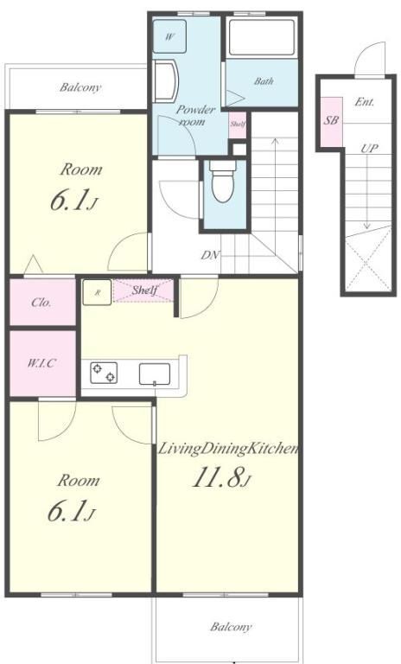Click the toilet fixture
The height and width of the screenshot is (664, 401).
(223, 182)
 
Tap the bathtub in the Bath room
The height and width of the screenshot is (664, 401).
(261, 37)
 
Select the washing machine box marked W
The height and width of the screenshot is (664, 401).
(169, 36)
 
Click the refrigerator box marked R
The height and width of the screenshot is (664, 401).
(97, 292)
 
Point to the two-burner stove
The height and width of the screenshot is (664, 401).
(104, 373)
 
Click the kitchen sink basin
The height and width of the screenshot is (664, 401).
(155, 374)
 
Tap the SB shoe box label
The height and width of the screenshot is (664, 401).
(331, 120)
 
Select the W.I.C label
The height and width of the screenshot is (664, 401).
(42, 363)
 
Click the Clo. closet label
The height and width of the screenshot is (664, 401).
(41, 303)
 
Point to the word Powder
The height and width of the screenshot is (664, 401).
(195, 110)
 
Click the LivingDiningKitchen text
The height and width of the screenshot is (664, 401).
(228, 449)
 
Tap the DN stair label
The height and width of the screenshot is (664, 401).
(210, 255)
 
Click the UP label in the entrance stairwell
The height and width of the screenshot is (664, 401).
(369, 149)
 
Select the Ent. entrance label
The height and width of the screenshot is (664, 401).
(364, 102)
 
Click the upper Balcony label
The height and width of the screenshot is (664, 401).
(80, 87)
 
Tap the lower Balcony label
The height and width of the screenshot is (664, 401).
(232, 627)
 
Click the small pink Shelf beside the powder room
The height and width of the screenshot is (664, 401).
(238, 124)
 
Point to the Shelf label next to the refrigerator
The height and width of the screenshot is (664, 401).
(144, 290)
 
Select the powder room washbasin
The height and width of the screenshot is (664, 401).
(166, 81)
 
